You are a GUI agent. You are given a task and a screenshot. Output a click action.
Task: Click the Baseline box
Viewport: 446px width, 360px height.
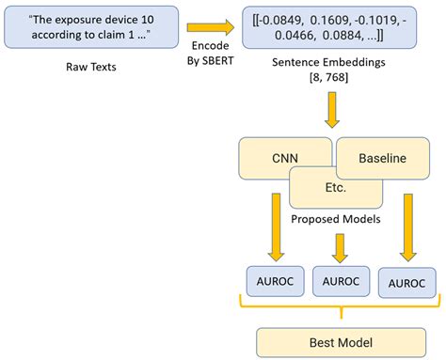(x=381, y=157)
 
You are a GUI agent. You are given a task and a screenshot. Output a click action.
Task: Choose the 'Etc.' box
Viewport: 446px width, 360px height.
(x=337, y=188)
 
